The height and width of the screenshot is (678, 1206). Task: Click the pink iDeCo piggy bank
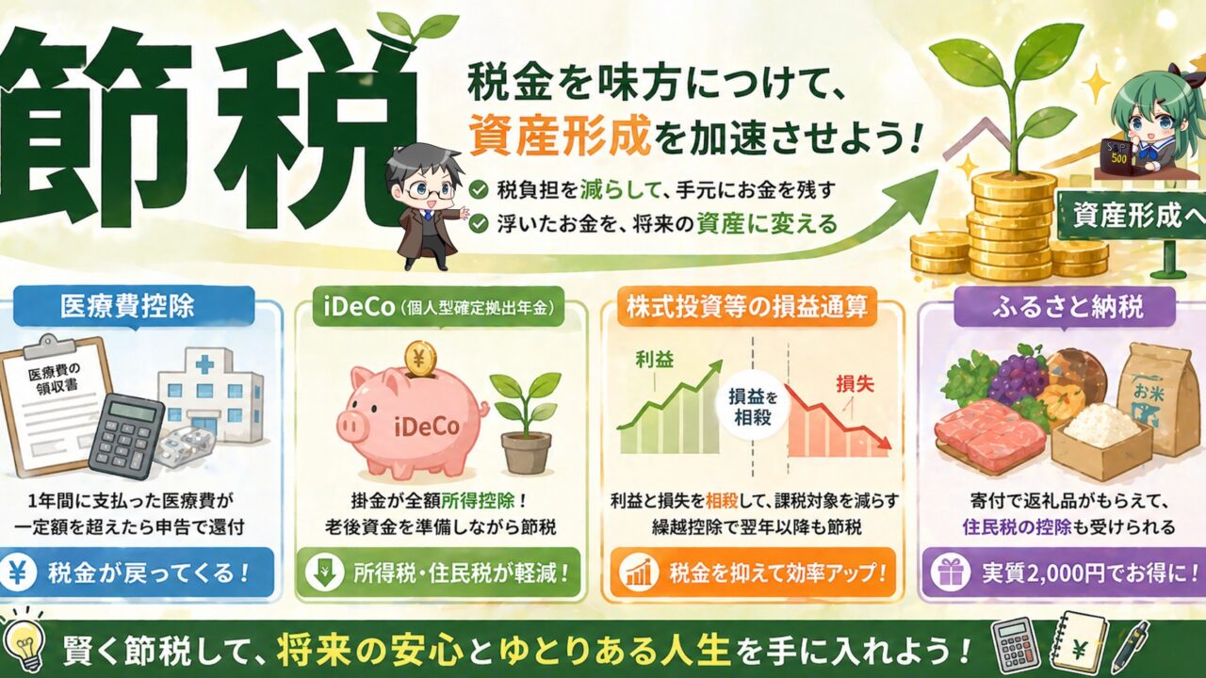coord(412,423)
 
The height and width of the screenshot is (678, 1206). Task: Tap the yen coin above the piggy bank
coord(420,359)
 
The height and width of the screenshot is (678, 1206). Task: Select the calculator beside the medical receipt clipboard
coord(127,436)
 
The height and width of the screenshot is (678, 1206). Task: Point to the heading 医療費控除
coord(127,307)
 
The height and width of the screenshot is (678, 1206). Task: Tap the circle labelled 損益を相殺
coord(753,407)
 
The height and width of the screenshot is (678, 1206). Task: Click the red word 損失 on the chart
coord(855,384)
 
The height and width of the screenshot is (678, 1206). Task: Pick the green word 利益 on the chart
coord(654,360)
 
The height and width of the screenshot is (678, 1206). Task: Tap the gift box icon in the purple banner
coord(952,573)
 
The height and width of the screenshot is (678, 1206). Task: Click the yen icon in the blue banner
coord(18,573)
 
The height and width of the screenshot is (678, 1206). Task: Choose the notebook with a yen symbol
coord(1080,646)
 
